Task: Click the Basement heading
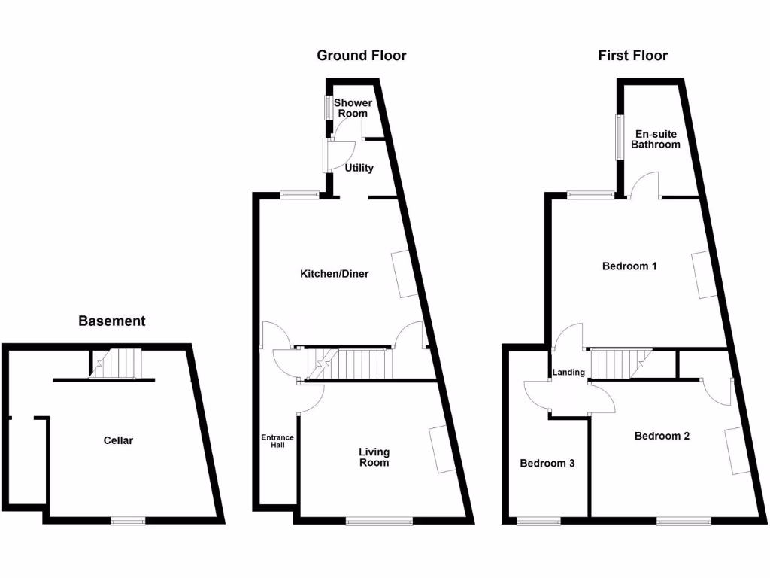click(112, 321)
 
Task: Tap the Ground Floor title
click(361, 56)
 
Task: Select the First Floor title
click(632, 56)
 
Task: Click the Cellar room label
click(118, 440)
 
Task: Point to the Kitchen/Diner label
click(335, 274)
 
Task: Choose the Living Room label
click(374, 457)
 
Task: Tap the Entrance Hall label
click(277, 440)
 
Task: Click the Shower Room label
click(353, 108)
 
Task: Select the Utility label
click(359, 168)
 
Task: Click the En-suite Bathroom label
click(655, 139)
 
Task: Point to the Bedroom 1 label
click(630, 266)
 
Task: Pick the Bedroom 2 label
click(662, 436)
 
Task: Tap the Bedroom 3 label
click(547, 464)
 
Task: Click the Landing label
click(568, 373)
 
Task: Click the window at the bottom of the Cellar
click(128, 519)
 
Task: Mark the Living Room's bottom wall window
click(379, 519)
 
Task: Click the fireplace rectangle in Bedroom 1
click(702, 274)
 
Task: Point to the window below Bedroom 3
click(538, 519)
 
